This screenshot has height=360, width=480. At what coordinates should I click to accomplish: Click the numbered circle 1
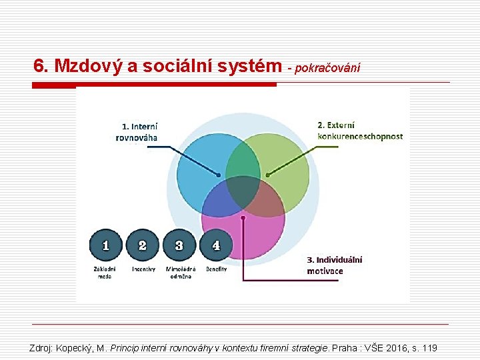(106, 245)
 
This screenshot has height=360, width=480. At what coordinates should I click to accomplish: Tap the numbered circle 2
(143, 245)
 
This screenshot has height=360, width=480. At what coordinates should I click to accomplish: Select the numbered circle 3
(179, 245)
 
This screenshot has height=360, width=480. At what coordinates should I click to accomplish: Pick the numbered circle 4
(215, 245)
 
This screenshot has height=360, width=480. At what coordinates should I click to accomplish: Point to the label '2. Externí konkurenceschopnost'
(360, 131)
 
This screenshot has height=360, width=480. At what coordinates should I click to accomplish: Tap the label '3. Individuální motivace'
(335, 265)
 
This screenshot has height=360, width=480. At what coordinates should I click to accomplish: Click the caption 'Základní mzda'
(105, 272)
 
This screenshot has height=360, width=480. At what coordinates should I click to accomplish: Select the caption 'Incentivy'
(143, 269)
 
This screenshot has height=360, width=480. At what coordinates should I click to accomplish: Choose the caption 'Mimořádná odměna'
(180, 272)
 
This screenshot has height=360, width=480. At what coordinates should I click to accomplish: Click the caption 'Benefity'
(216, 269)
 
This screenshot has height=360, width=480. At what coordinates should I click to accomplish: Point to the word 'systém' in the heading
(255, 66)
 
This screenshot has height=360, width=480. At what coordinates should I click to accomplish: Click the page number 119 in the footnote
(429, 348)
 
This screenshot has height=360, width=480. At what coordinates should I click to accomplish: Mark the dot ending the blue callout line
(218, 175)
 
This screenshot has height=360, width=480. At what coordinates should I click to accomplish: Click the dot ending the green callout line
(267, 175)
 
